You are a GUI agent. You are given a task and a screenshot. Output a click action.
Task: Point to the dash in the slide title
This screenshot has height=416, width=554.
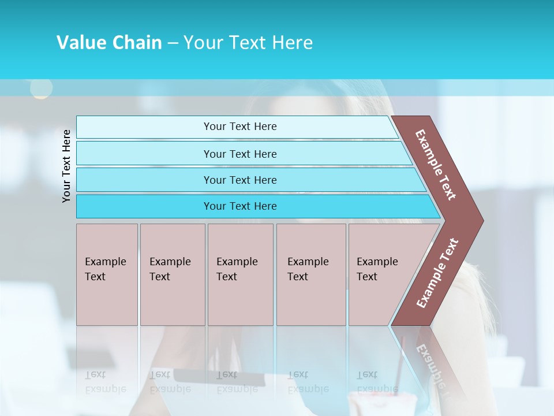(x=173, y=43)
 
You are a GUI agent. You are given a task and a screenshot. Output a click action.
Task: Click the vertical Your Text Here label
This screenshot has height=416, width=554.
(x=66, y=166)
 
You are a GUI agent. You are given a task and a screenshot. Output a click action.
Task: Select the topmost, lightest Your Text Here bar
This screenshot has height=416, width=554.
(x=240, y=127)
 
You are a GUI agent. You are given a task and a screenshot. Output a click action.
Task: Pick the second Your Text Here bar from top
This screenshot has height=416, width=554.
(x=240, y=154)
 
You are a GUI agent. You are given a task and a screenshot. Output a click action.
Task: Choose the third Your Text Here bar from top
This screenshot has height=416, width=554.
(x=240, y=180)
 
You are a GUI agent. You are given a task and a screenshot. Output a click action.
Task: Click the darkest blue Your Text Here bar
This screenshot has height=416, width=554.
(x=240, y=206)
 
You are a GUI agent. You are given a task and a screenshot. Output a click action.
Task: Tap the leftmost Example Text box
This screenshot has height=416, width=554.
(x=107, y=274)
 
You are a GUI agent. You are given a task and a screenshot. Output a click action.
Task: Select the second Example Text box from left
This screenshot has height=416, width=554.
(x=172, y=274)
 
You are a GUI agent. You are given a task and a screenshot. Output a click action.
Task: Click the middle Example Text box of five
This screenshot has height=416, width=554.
(x=240, y=274)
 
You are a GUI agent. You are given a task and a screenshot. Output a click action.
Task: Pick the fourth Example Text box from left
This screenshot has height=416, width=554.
(x=310, y=274)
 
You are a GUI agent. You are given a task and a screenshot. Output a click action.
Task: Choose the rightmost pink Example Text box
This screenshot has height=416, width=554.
(x=381, y=274)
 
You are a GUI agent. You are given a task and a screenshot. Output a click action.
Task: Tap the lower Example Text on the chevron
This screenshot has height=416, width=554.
(x=437, y=273)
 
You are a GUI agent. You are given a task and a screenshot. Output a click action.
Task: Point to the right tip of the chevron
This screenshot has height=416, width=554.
(x=482, y=220)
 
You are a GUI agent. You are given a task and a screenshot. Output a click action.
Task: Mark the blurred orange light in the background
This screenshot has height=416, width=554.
(x=41, y=88)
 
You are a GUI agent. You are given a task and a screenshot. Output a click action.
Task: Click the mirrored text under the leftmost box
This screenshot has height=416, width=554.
(x=106, y=381)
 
